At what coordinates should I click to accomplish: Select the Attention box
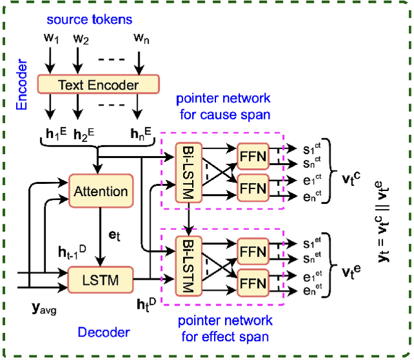click(100, 192)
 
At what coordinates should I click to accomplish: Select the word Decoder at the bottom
click(103, 332)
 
